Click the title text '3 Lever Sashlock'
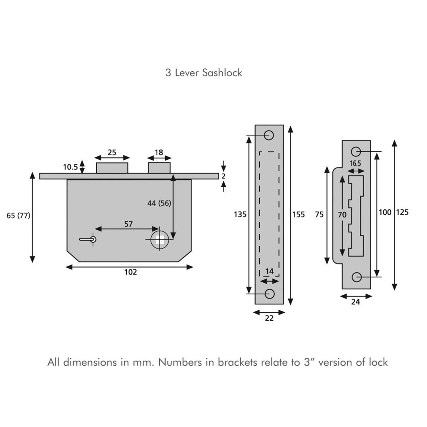click(203, 73)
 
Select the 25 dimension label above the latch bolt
click(112, 152)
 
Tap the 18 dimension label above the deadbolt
click(159, 152)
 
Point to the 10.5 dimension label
click(70, 167)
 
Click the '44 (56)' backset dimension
click(159, 203)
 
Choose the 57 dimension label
click(128, 224)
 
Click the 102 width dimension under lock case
click(131, 272)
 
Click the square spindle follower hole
click(159, 240)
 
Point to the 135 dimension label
click(240, 215)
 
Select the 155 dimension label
click(298, 215)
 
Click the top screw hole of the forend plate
click(269, 135)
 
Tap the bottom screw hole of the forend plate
click(269, 294)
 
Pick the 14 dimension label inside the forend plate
click(269, 271)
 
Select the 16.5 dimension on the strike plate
click(356, 163)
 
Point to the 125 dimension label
click(402, 212)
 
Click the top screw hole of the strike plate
click(356, 151)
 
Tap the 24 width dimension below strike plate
click(356, 302)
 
